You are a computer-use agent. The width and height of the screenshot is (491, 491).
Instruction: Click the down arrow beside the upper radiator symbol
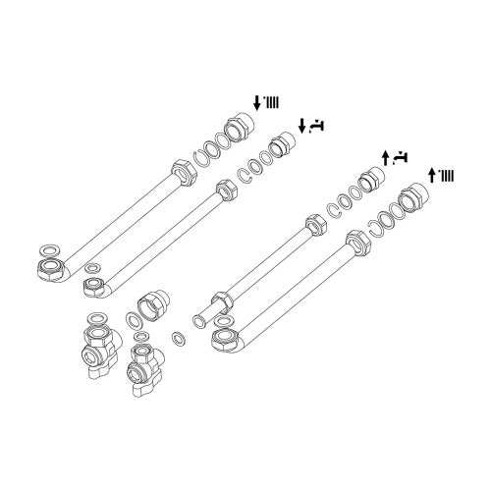pos(257,101)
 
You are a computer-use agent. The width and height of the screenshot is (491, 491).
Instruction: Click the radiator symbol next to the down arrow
pos(270,101)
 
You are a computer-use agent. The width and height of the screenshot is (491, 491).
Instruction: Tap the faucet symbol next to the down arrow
pos(317,125)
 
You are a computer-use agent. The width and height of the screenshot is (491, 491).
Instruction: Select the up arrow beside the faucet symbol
pos(386,157)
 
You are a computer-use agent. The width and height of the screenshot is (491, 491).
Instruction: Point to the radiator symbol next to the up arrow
pos(447,176)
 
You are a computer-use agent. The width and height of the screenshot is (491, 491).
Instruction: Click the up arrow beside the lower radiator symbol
pos(433,176)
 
